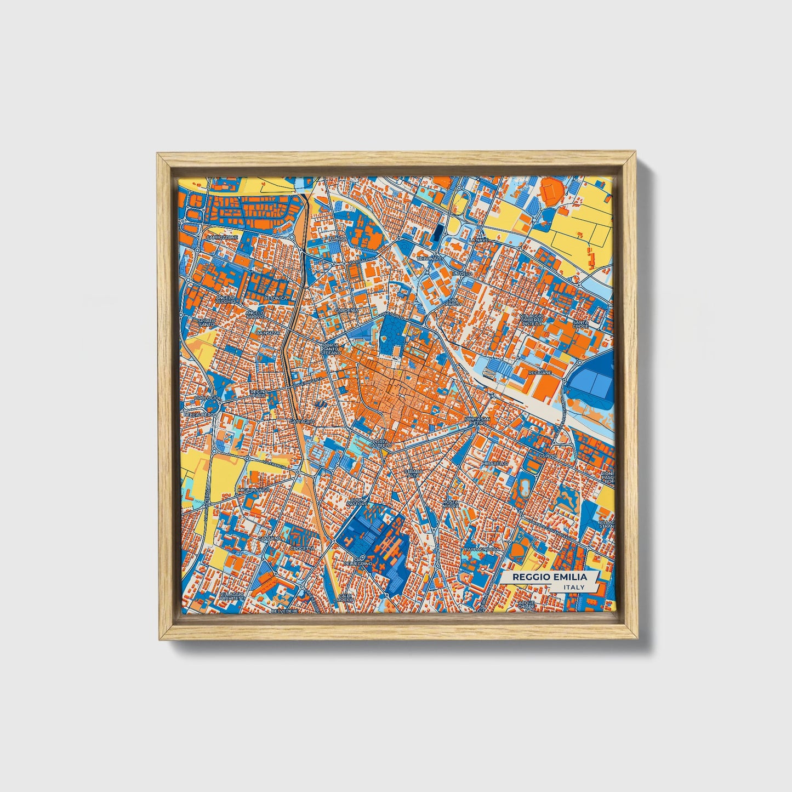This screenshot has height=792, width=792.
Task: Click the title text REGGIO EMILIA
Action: tap(549, 577)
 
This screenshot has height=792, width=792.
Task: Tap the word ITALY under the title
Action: tap(573, 588)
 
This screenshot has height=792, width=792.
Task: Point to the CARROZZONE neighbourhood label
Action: tap(222, 237)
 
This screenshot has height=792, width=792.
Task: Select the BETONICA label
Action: tap(275, 298)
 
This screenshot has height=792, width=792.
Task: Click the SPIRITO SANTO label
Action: tap(207, 322)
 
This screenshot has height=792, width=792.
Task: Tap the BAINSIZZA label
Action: tap(268, 333)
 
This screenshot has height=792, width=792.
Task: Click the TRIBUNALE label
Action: tap(429, 258)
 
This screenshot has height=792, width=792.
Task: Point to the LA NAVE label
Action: tap(478, 240)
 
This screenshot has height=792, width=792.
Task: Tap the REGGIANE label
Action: tap(540, 372)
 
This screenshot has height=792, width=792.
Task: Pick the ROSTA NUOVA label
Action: tap(451, 504)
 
